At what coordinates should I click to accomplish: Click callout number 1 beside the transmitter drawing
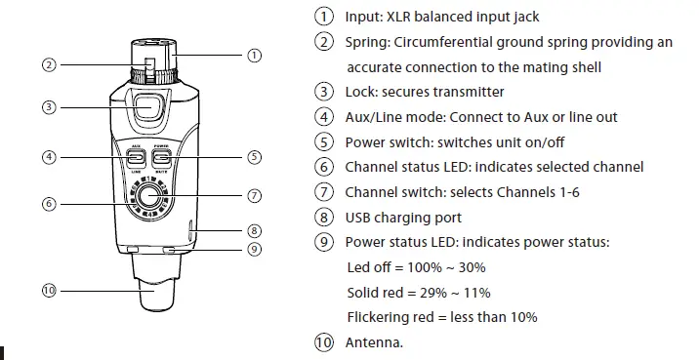pos(254,56)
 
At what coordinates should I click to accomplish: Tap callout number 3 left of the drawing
pos(49,107)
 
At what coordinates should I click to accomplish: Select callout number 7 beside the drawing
pos(254,195)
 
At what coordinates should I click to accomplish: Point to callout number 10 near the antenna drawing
pos(49,290)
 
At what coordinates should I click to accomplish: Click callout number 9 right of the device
pos(254,249)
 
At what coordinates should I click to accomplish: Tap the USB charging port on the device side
pos(191,231)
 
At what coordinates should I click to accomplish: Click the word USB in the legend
pos(359,218)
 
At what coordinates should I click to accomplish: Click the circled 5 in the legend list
pos(323,142)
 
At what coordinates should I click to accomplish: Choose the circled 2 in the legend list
pos(323,42)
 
